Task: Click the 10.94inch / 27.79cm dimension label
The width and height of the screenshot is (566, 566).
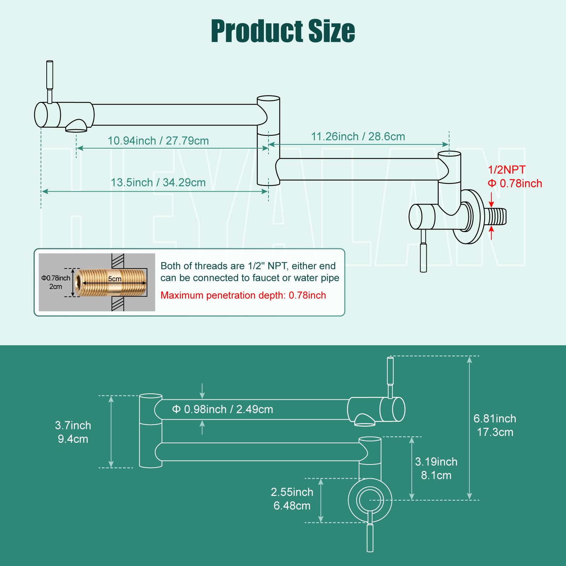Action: [x=158, y=141]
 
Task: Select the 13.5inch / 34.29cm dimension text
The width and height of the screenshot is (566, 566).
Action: [x=158, y=183]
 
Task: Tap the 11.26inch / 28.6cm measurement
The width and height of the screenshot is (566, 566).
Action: [x=358, y=137]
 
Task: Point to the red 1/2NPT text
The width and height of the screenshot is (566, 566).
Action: [x=507, y=170]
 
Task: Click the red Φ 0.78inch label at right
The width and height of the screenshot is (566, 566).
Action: [x=515, y=184]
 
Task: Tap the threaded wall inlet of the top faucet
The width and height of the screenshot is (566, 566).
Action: [x=496, y=217]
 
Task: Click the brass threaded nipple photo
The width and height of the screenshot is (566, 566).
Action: [x=111, y=283]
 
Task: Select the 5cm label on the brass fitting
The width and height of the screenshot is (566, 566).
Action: [x=115, y=279]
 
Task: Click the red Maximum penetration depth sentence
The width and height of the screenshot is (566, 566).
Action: [x=243, y=295]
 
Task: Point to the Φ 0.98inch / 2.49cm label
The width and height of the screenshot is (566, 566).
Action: [x=223, y=409]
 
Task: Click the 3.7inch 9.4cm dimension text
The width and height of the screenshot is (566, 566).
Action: [x=73, y=432]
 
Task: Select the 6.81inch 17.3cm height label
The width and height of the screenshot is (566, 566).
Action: [x=495, y=425]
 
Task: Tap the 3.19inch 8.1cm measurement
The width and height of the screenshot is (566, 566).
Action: [x=436, y=468]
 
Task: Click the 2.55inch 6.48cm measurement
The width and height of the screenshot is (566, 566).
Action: [x=292, y=499]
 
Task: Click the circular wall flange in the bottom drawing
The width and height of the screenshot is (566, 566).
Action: [x=370, y=500]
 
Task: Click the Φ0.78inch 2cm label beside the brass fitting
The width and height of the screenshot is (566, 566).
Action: [x=56, y=282]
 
